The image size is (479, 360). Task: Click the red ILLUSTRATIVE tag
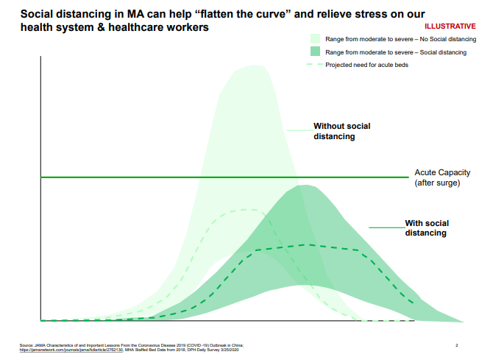pos(450,26)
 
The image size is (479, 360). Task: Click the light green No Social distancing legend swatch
pos(316,38)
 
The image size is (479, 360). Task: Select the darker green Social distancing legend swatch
pos(316,52)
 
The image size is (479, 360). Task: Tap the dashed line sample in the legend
pos(315,65)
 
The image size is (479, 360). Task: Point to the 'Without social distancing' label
pos(342,131)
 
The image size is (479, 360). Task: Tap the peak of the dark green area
pos(302,186)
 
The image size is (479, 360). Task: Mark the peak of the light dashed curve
pos(243,210)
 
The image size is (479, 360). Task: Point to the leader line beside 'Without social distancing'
pos(299,130)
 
